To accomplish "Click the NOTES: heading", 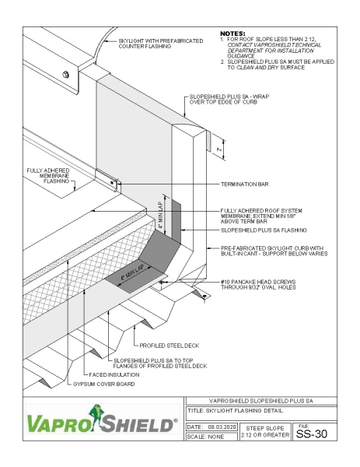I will click(233, 33).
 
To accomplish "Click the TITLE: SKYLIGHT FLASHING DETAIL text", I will click(236, 412).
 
